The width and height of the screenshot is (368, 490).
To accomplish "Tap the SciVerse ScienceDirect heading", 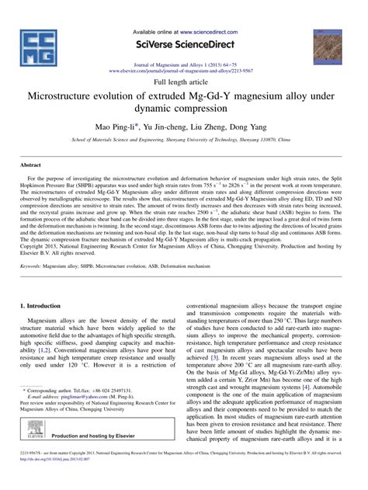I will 183,46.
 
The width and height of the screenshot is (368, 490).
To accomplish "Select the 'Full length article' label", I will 183,81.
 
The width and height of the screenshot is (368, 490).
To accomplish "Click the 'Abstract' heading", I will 30,165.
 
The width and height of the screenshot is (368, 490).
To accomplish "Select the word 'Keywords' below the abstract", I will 33,266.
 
